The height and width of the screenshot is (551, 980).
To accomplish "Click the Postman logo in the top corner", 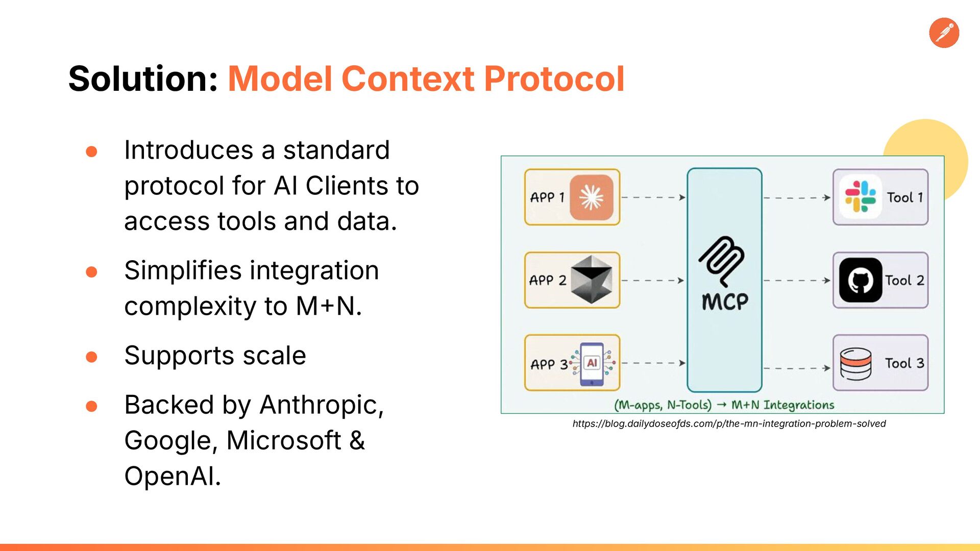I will click(x=944, y=33).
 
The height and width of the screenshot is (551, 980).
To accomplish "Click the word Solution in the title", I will click(x=143, y=79).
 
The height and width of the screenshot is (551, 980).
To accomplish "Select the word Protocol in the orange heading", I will click(x=554, y=79).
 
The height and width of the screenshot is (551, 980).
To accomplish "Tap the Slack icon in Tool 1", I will click(x=860, y=197).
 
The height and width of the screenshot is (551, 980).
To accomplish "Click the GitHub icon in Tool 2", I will click(x=861, y=280).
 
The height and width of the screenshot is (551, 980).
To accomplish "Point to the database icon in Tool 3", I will click(x=855, y=364).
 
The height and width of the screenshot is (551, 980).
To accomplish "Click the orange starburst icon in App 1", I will click(x=592, y=197).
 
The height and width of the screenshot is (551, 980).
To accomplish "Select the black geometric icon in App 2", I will click(x=591, y=280).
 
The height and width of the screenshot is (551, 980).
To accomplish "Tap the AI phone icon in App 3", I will click(x=592, y=363).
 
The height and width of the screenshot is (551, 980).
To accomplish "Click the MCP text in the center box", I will click(x=725, y=302).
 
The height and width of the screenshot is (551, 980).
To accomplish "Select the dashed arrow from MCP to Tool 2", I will click(x=797, y=280).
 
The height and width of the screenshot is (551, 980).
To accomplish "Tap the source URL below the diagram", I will click(x=729, y=423).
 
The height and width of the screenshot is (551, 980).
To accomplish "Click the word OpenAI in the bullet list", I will click(x=172, y=477).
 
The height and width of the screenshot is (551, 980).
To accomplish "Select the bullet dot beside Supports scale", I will click(x=92, y=357).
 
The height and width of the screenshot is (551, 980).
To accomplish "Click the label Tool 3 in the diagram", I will click(x=904, y=363).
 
